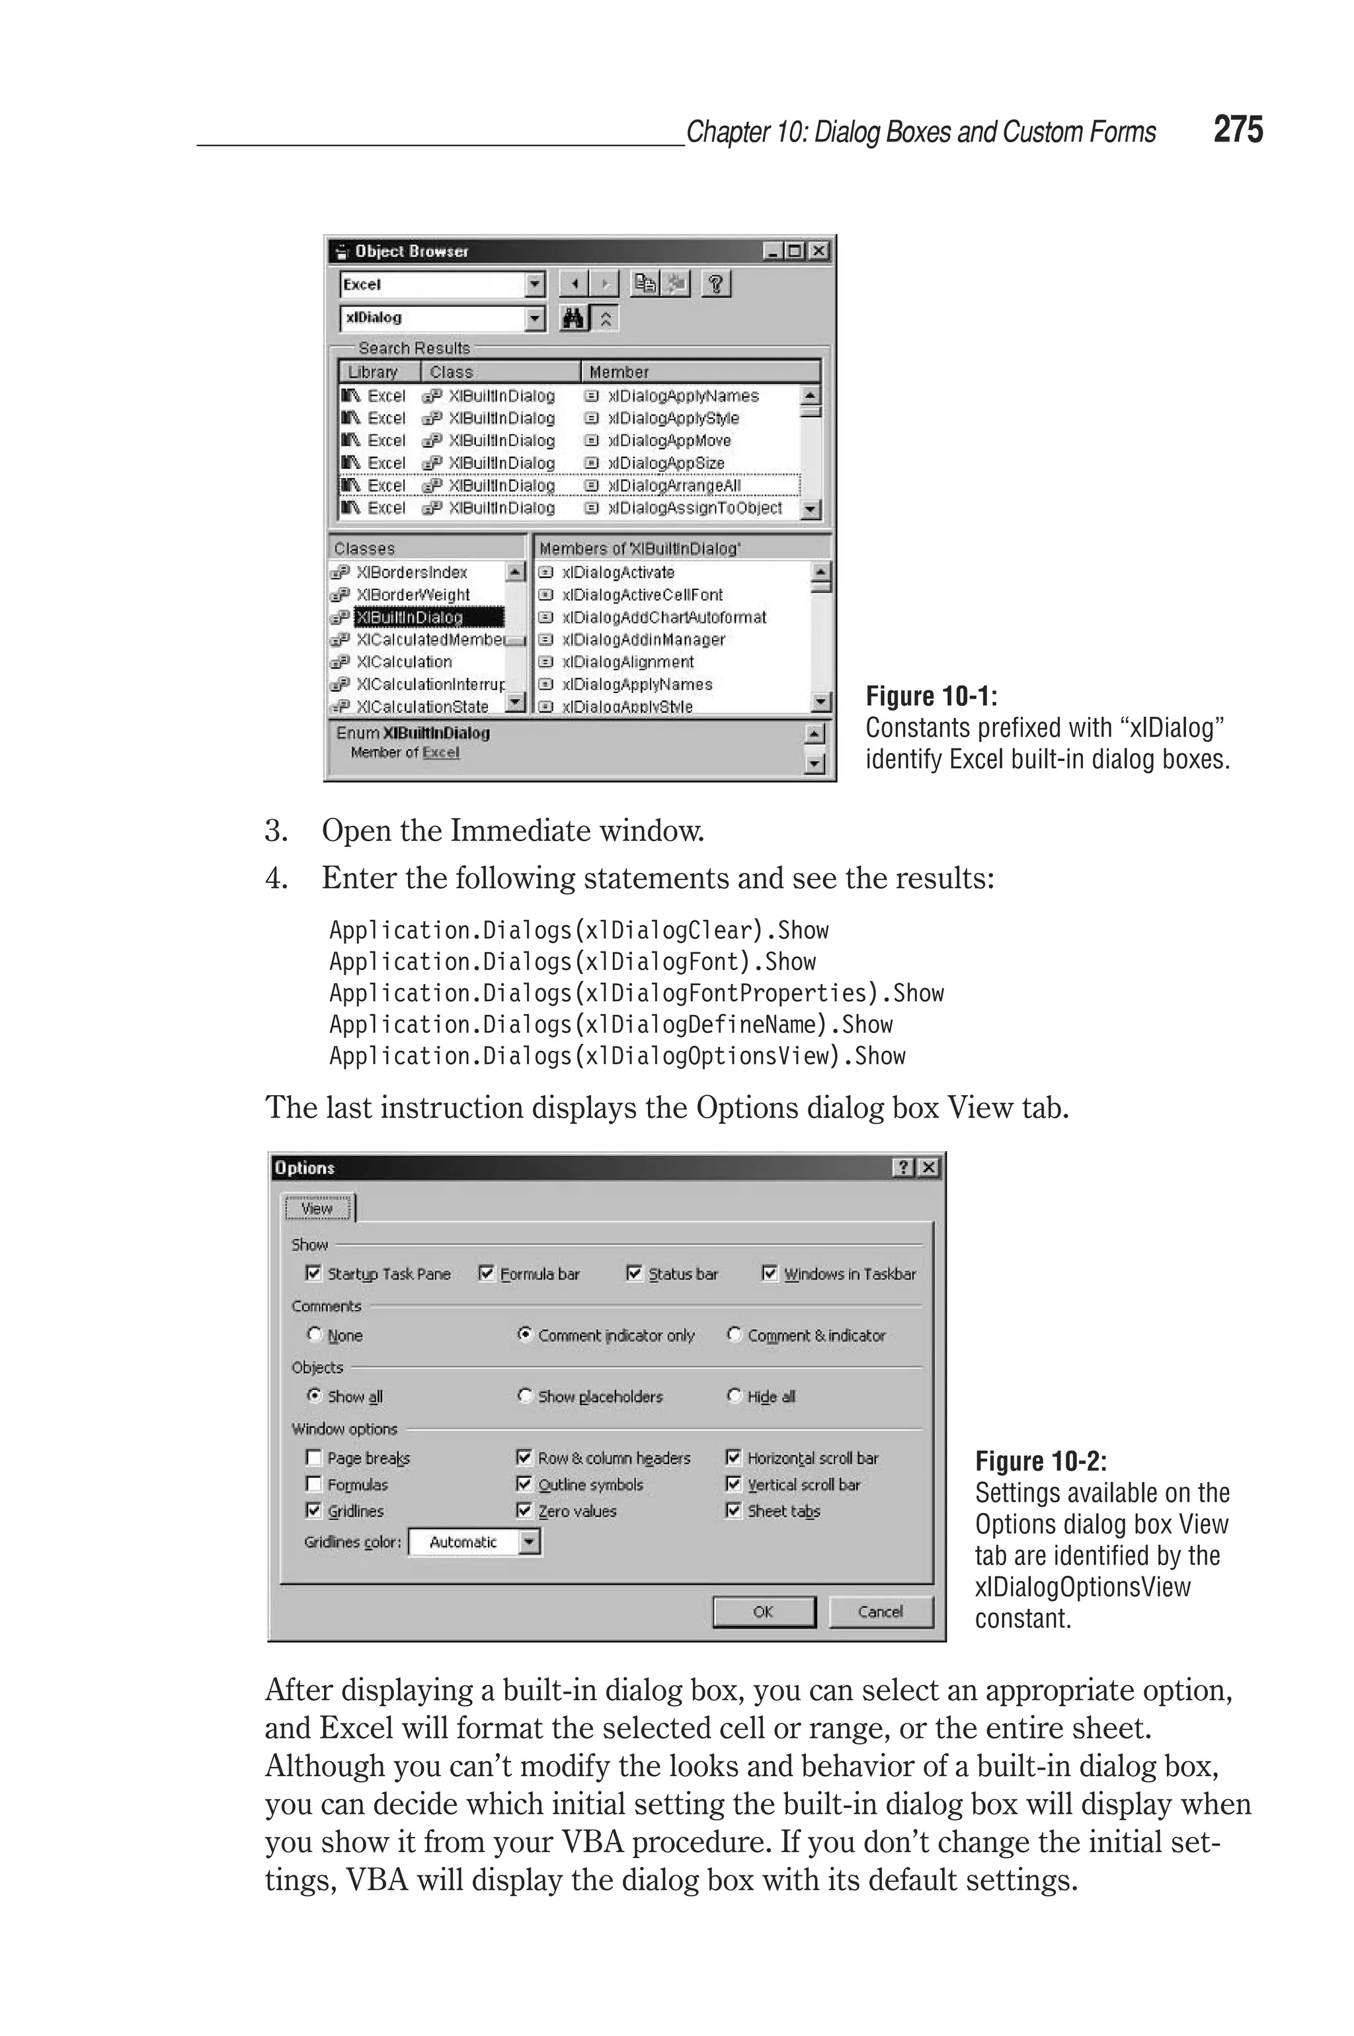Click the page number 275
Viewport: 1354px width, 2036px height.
pos(1238,130)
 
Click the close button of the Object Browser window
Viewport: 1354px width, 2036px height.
pos(818,251)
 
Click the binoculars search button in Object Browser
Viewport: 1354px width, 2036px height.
pos(573,319)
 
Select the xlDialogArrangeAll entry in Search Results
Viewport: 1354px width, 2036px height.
pos(674,486)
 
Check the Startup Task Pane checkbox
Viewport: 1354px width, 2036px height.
pos(313,1274)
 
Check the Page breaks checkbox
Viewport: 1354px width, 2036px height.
pos(313,1457)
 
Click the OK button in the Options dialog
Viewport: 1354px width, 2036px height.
pos(764,1612)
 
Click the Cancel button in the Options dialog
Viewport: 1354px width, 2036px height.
pos(880,1612)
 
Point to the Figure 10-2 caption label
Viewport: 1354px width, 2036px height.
pos(1041,1462)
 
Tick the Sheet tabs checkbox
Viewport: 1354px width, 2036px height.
pos(733,1510)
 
